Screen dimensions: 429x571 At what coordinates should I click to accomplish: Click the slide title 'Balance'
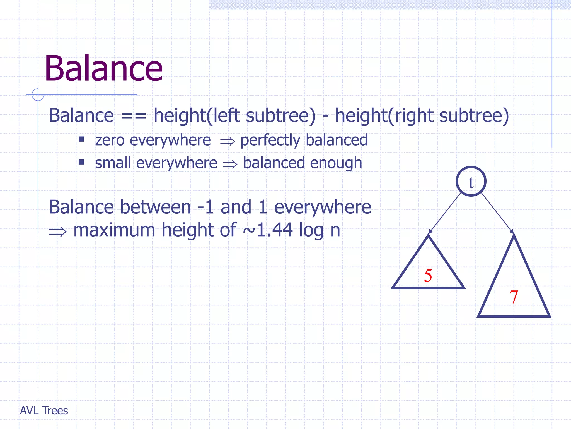click(x=103, y=69)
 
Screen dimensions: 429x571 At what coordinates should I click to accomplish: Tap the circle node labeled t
click(x=471, y=182)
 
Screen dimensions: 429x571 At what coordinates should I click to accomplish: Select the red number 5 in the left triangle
click(x=428, y=275)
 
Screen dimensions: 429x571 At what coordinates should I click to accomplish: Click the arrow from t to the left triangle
click(x=445, y=213)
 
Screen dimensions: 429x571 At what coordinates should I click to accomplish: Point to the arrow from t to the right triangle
click(x=497, y=213)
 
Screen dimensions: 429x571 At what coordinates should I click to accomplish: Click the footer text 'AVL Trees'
click(x=44, y=411)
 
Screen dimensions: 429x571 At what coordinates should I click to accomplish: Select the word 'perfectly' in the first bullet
click(x=270, y=140)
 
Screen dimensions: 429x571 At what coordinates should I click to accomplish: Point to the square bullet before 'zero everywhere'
click(x=81, y=139)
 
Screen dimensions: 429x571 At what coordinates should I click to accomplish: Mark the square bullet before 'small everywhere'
click(x=81, y=162)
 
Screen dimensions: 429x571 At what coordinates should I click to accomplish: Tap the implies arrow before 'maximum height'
click(x=58, y=232)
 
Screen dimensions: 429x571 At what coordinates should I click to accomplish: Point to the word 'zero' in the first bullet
click(x=110, y=140)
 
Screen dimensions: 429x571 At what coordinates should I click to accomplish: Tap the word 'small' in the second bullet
click(x=113, y=163)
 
